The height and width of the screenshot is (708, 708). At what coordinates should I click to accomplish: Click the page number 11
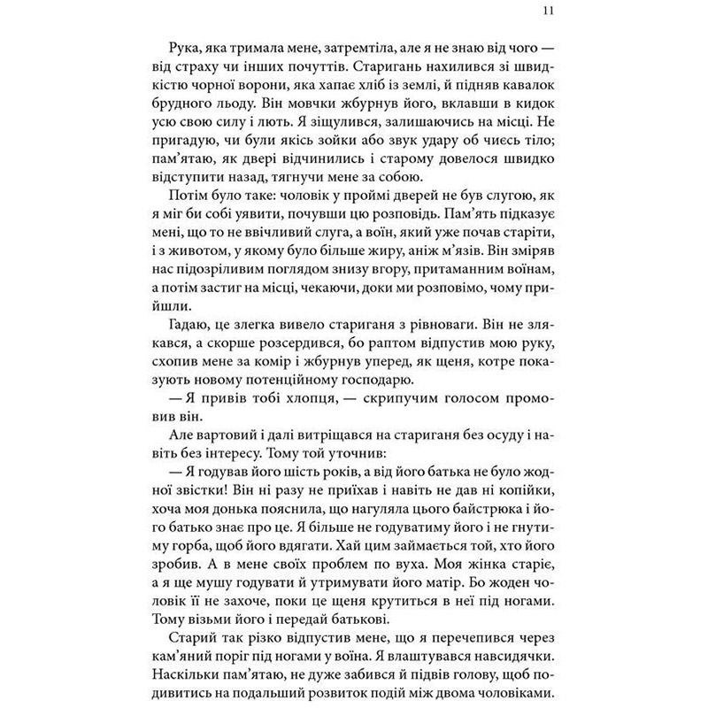pyautogui.click(x=551, y=12)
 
